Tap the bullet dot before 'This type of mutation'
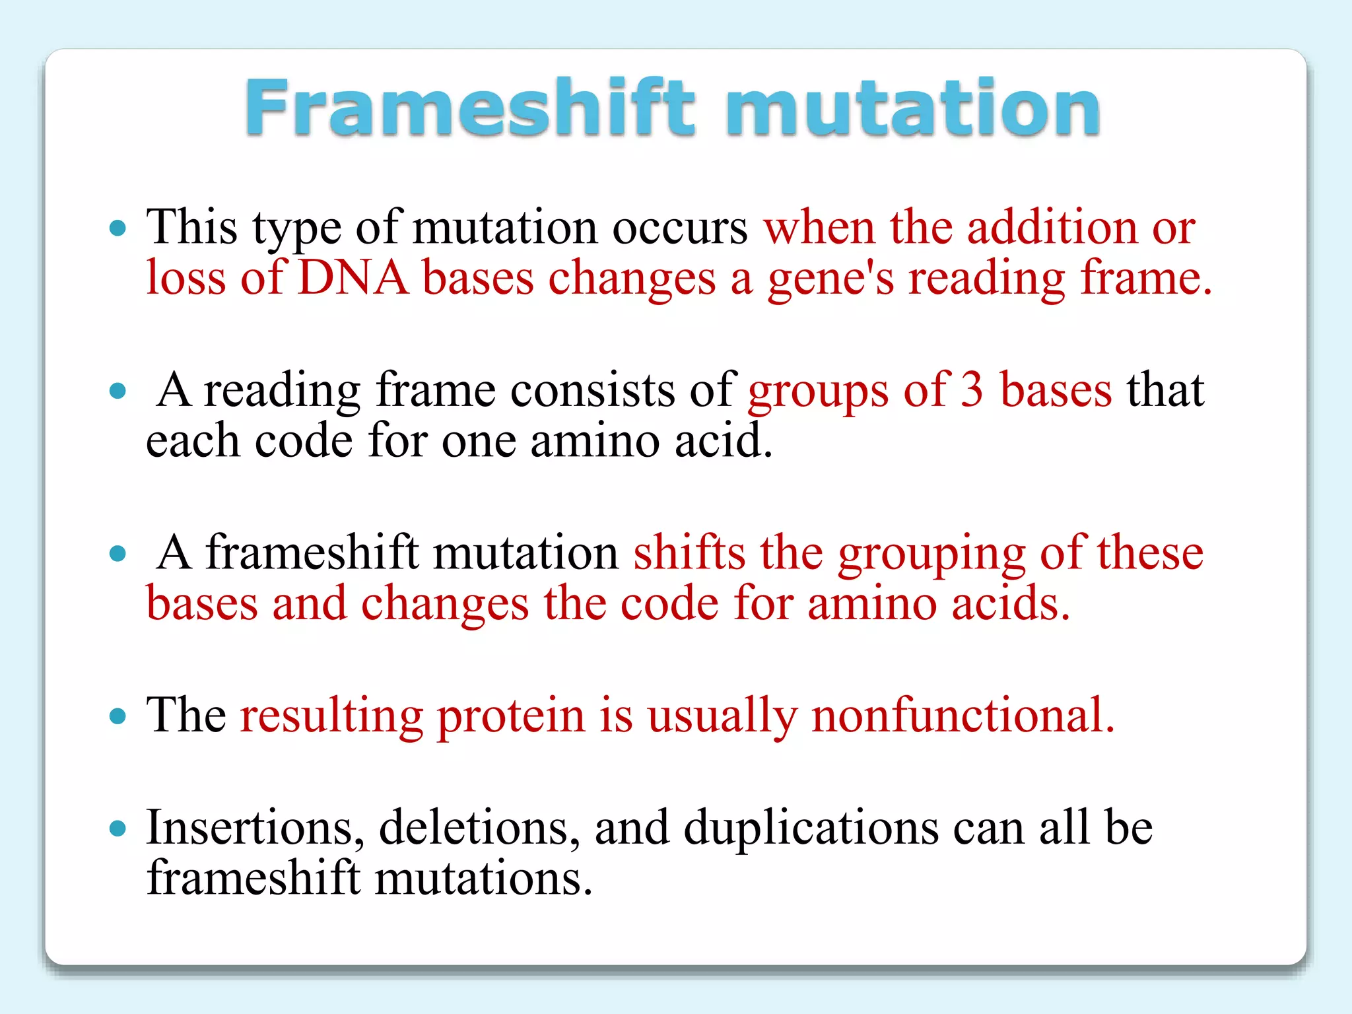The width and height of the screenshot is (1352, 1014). tap(118, 228)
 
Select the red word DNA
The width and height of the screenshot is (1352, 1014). tap(353, 278)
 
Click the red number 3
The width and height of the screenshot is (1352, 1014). tap(971, 390)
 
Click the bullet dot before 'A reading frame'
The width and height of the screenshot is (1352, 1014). tap(118, 391)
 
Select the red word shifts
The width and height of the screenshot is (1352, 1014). tap(689, 553)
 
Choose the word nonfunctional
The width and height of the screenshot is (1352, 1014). tap(962, 716)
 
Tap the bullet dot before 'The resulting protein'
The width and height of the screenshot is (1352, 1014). tap(118, 716)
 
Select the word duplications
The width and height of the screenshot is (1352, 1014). tap(811, 828)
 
